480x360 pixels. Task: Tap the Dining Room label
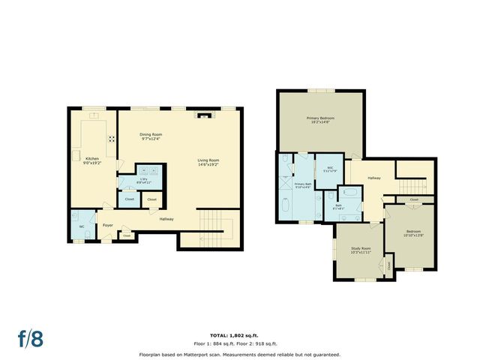click(x=151, y=136)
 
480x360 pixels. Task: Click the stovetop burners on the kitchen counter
click(x=112, y=138)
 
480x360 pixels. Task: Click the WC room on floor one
click(x=82, y=226)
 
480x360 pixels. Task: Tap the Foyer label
click(x=108, y=224)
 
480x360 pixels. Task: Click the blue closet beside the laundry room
click(x=129, y=199)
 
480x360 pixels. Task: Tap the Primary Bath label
click(x=302, y=185)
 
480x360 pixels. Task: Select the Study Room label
click(x=361, y=250)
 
